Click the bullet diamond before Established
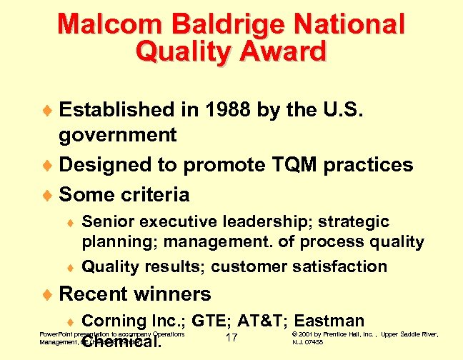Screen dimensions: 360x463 [x=49, y=111]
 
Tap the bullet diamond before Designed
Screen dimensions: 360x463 [x=49, y=166]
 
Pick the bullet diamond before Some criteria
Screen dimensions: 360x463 [x=49, y=195]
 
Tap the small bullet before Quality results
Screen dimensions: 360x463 [x=71, y=268]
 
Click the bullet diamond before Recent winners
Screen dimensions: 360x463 [x=49, y=294]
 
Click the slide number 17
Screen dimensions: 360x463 [x=231, y=337]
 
